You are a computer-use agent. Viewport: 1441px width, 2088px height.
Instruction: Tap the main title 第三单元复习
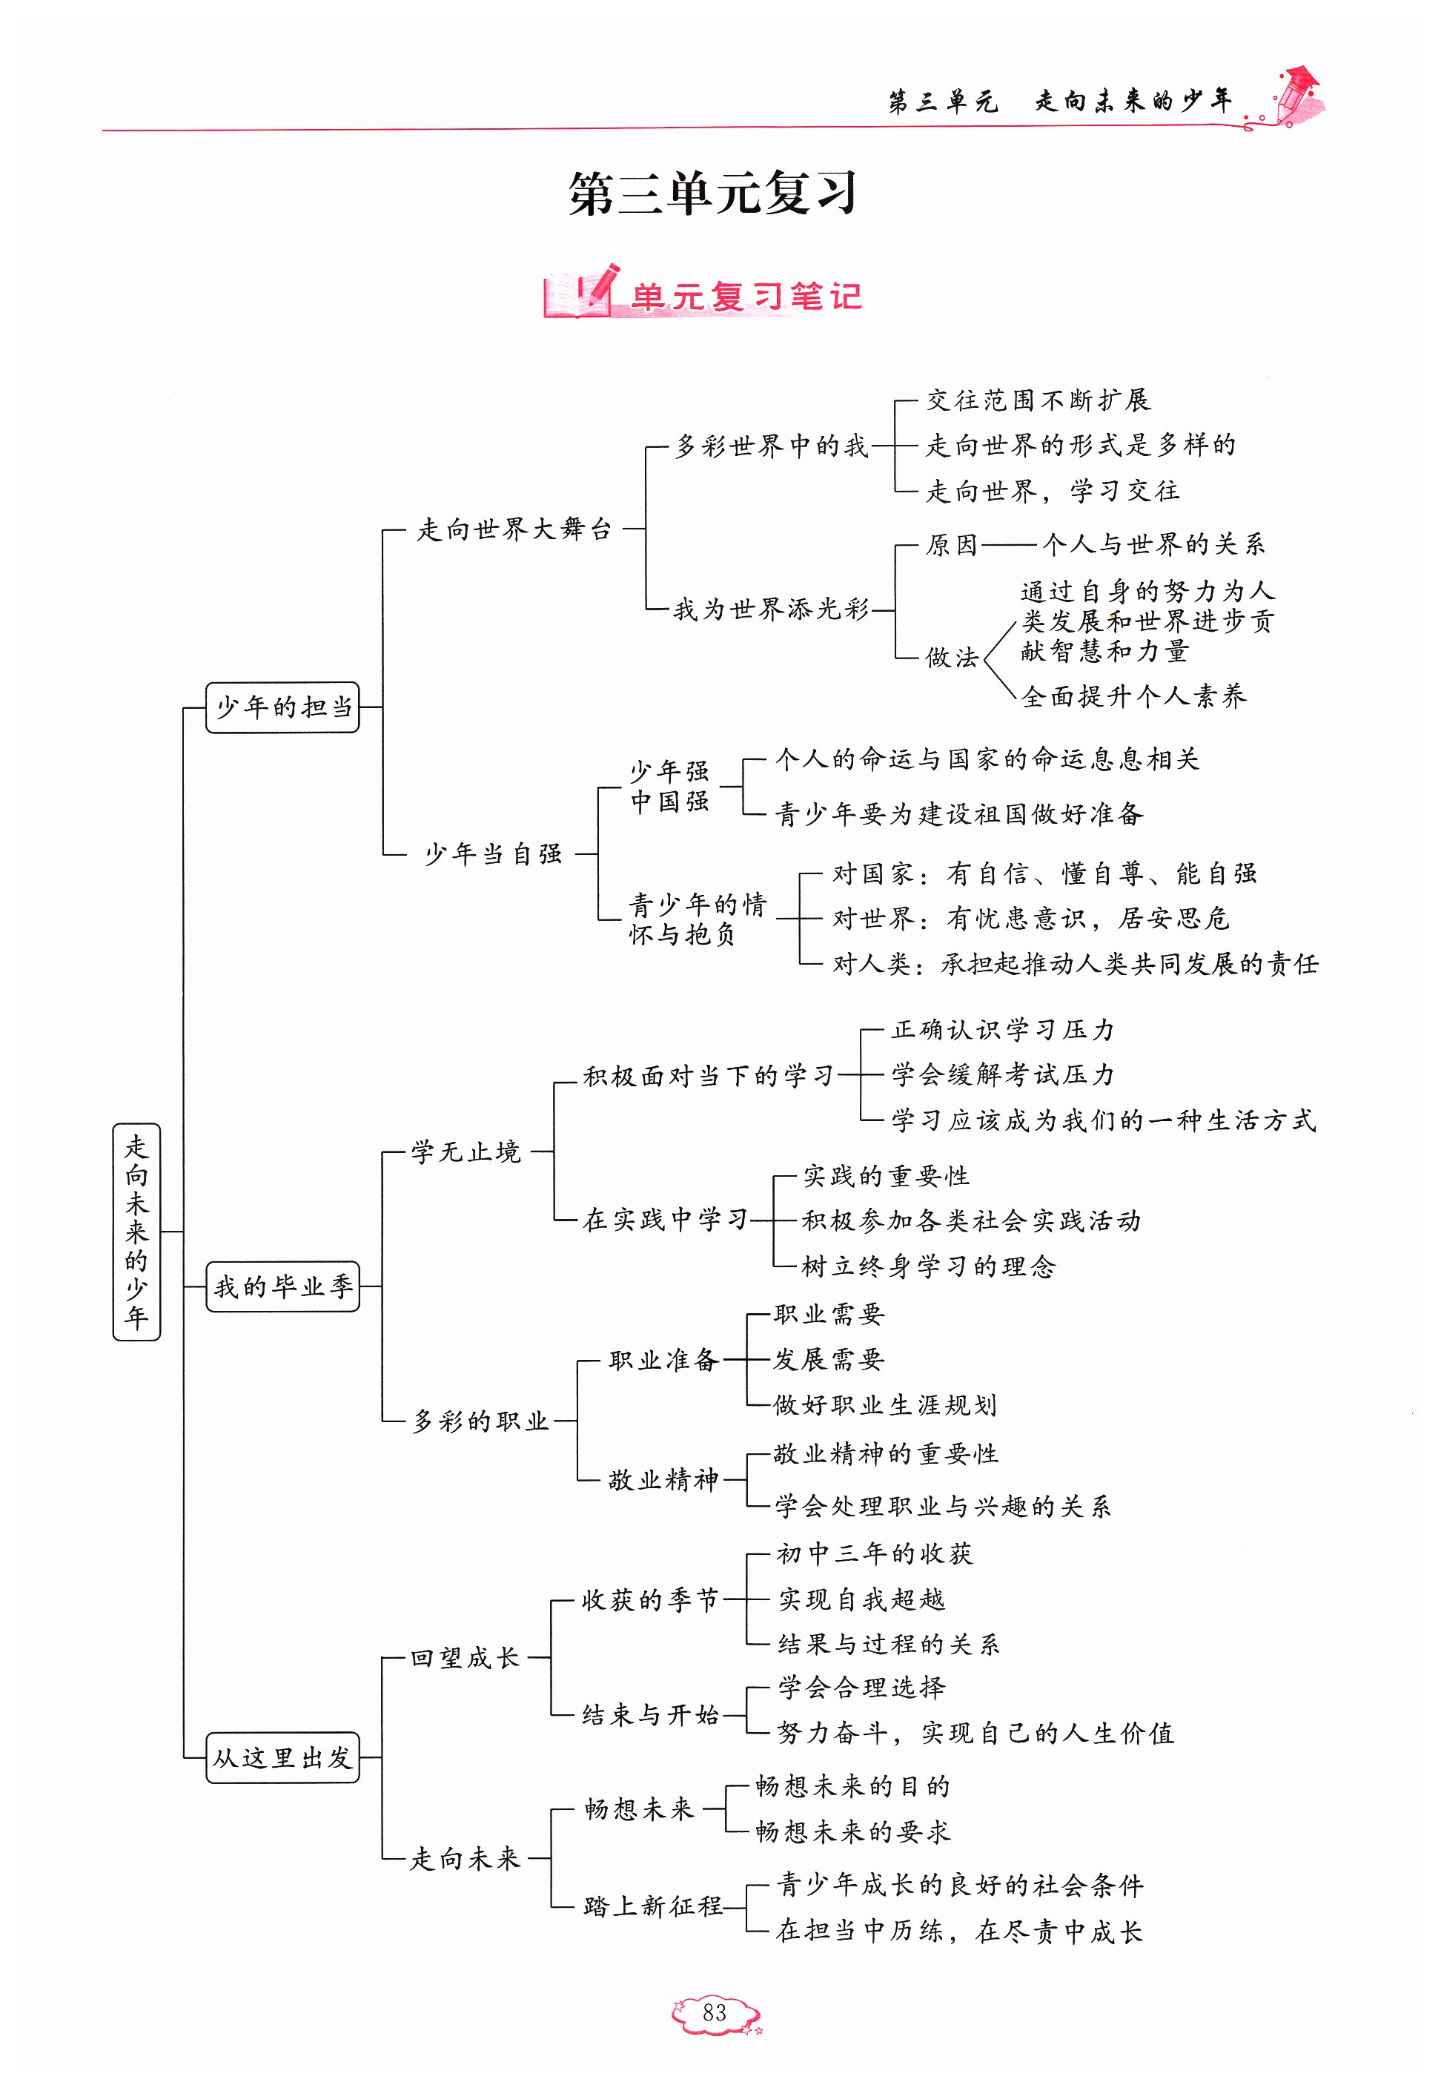point(712,194)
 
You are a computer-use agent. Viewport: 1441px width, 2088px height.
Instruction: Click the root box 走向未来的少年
point(136,1231)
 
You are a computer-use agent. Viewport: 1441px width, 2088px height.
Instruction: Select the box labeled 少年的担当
point(282,707)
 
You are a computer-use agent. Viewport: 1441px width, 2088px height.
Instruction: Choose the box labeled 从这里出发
point(282,1757)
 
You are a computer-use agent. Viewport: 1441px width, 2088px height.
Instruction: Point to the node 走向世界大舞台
point(514,529)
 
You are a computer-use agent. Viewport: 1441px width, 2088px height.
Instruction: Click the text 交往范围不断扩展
point(1038,400)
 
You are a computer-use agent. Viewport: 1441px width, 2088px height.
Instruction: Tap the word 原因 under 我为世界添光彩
point(951,544)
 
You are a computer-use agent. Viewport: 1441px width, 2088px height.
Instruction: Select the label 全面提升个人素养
point(1134,696)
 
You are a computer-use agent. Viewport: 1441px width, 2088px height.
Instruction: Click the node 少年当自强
point(493,853)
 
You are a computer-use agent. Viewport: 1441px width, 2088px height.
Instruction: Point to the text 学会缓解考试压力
point(1002,1074)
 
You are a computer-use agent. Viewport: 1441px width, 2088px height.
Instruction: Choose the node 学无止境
point(466,1152)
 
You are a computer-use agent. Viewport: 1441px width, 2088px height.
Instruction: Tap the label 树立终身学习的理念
point(928,1266)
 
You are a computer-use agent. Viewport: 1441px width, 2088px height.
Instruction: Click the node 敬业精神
point(663,1480)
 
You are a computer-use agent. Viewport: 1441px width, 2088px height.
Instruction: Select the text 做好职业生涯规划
point(885,1405)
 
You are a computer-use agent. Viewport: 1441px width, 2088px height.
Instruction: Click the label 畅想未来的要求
point(852,1831)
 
